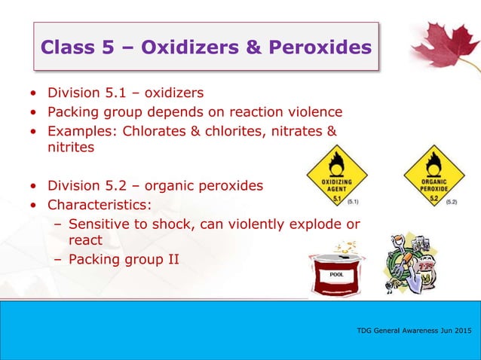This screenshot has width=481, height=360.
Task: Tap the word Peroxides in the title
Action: pos(321,47)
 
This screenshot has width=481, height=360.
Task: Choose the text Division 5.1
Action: pos(80,93)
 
